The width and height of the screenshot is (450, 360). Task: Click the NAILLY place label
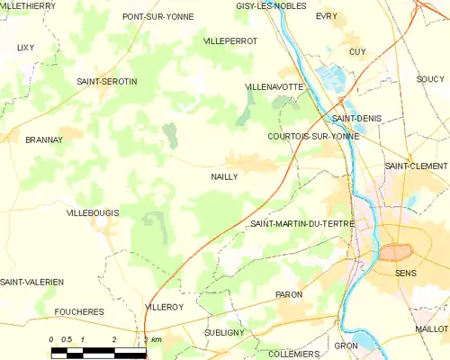pyautogui.click(x=224, y=177)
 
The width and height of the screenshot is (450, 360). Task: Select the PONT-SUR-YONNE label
pyautogui.click(x=158, y=16)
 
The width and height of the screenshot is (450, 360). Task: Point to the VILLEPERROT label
pyautogui.click(x=230, y=41)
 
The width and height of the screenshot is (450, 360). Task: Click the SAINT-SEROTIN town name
pyautogui.click(x=107, y=82)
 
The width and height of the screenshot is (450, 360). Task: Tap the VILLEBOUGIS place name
pyautogui.click(x=93, y=212)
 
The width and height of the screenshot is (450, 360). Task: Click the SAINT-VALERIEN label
pyautogui.click(x=32, y=282)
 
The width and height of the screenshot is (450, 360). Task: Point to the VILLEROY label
pyautogui.click(x=164, y=307)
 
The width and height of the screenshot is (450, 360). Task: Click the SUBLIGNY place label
pyautogui.click(x=224, y=331)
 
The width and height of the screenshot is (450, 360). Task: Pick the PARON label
pyautogui.click(x=289, y=294)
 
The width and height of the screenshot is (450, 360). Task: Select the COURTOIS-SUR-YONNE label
pyautogui.click(x=313, y=137)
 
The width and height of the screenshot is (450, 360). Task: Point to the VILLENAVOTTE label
pyautogui.click(x=274, y=86)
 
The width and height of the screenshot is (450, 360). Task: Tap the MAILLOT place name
pyautogui.click(x=431, y=329)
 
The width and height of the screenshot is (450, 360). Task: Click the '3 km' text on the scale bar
pyautogui.click(x=152, y=339)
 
